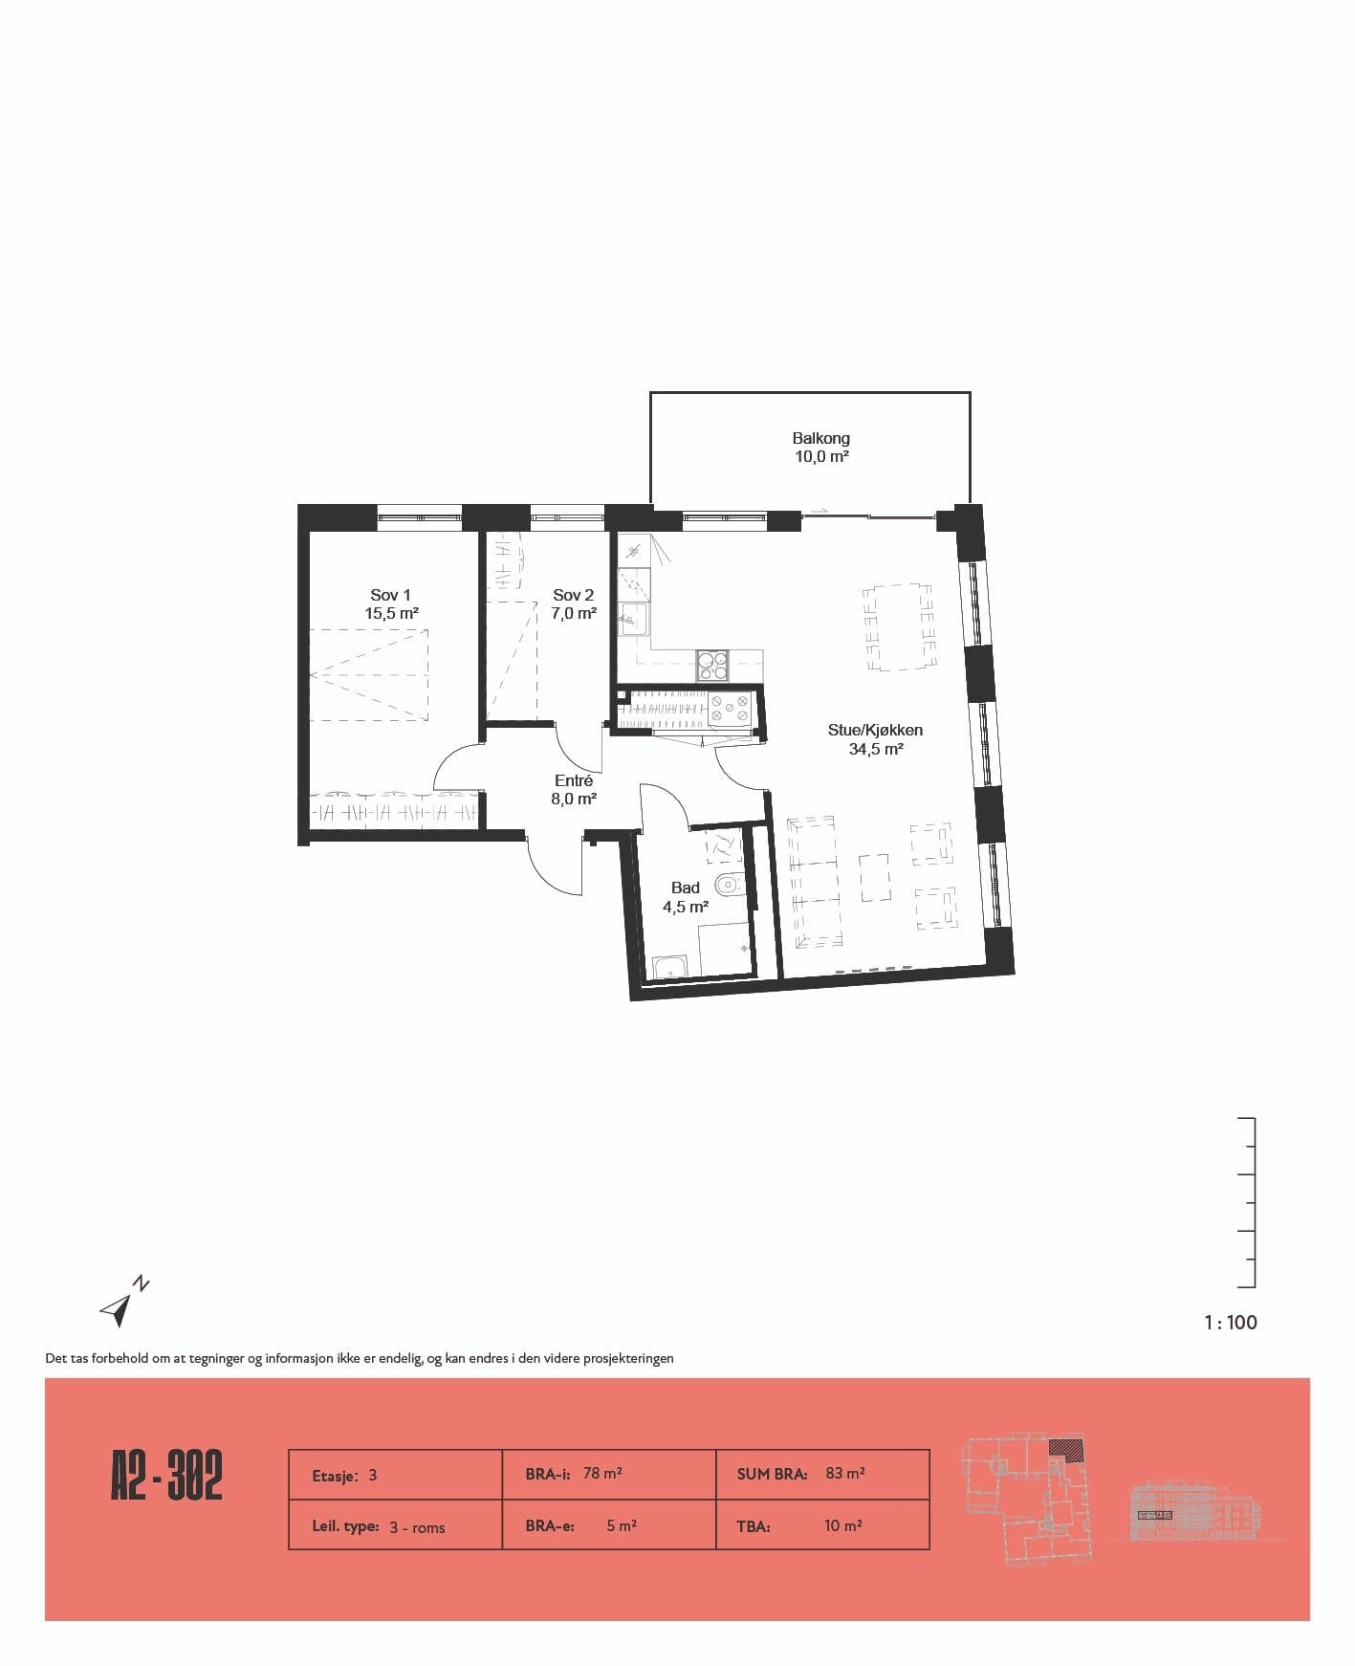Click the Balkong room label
point(820,438)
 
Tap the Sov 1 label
point(390,595)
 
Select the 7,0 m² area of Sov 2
point(574,614)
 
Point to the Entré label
point(574,780)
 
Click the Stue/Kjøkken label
point(875,730)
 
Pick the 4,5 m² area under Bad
point(686,907)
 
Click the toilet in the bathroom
point(728,884)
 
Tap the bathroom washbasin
point(669,967)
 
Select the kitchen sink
point(634,618)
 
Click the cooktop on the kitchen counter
point(711,663)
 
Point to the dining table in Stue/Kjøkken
point(899,627)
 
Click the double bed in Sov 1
point(368,674)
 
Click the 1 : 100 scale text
point(1231,1323)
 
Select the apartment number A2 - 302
point(167,1475)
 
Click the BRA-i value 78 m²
point(602,1474)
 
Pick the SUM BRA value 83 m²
point(845,1474)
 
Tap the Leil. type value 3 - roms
point(417,1527)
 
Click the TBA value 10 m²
point(842,1525)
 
